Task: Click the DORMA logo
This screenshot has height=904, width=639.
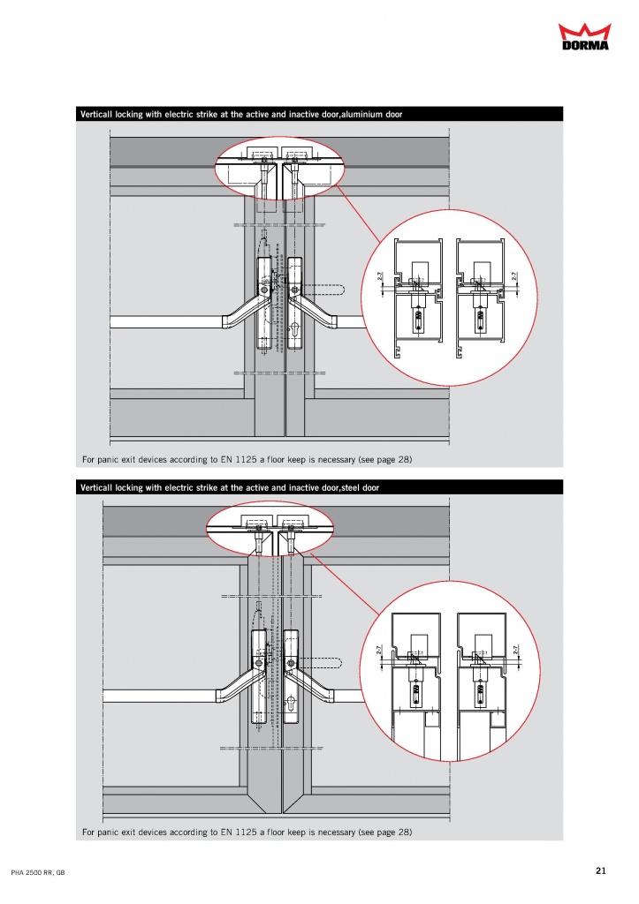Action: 584,36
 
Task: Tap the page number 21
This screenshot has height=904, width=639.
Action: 601,870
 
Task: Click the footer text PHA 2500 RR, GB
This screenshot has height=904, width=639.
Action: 38,872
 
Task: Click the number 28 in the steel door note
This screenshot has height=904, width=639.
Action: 404,832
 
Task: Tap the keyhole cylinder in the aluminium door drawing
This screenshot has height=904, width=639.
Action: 295,331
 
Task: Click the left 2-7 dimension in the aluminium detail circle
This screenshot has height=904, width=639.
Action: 380,276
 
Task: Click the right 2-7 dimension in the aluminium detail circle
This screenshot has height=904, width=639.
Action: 513,276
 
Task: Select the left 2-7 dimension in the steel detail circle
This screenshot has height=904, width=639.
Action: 379,650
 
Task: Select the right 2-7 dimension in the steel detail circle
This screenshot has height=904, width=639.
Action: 515,650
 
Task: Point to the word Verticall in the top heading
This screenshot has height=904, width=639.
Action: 96,114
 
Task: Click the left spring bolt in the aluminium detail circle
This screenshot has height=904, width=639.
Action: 417,319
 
